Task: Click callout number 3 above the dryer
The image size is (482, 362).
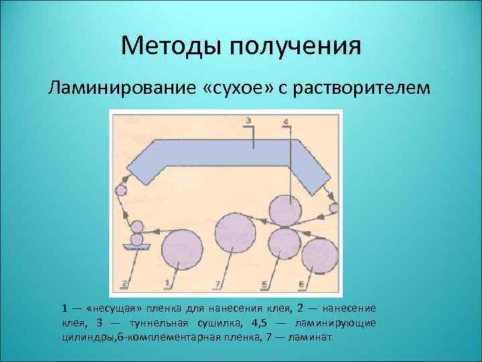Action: [248, 121]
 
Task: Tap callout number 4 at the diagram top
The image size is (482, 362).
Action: [287, 122]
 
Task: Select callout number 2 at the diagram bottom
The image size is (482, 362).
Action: [125, 284]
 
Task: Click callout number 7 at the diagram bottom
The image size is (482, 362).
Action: [218, 285]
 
